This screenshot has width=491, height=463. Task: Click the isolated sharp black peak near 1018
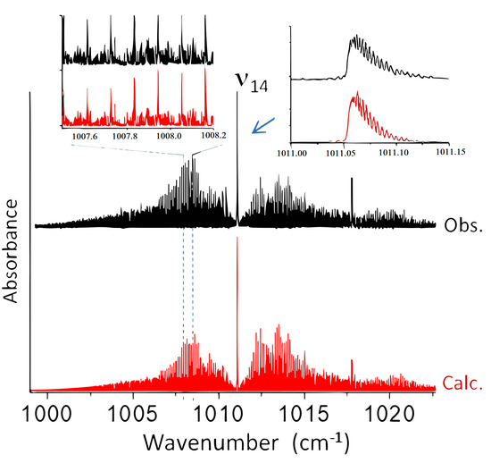coord(352,180)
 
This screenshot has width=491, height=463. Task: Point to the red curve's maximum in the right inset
coord(356,93)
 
